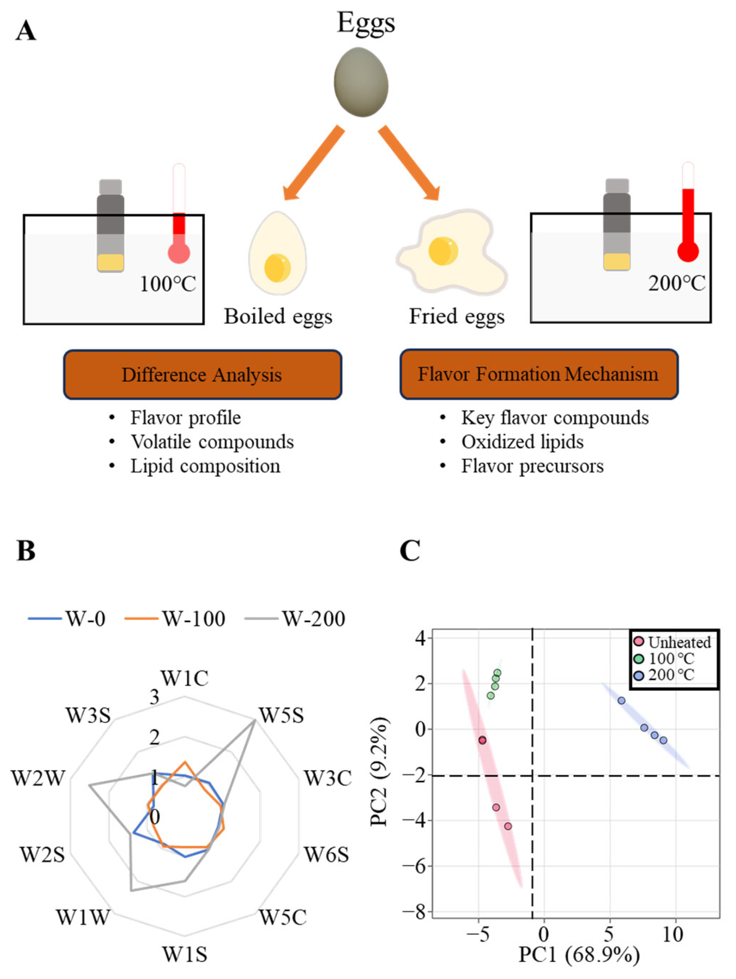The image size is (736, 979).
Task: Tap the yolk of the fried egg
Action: (x=443, y=251)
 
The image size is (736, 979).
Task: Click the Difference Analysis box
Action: (x=202, y=374)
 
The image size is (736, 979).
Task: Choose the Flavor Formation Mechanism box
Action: (x=539, y=374)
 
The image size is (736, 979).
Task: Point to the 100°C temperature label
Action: (x=168, y=284)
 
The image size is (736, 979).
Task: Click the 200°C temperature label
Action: (x=676, y=283)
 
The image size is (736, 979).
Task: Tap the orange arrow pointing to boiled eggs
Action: (x=313, y=163)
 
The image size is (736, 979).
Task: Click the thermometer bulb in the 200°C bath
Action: (x=688, y=252)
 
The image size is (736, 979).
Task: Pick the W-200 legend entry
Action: (x=296, y=618)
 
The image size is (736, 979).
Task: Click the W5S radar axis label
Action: (x=281, y=715)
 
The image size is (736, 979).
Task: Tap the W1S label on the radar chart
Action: (x=185, y=955)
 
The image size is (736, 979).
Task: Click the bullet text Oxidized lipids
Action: (x=522, y=442)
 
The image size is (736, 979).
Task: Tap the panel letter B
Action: (x=25, y=551)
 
